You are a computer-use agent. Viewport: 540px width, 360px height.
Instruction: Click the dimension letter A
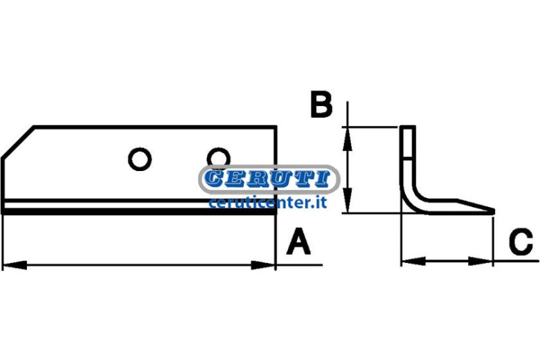pyautogui.click(x=298, y=242)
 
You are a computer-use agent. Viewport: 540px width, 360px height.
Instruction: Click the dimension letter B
pyautogui.click(x=321, y=104)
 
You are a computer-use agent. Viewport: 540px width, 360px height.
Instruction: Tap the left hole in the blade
pyautogui.click(x=140, y=159)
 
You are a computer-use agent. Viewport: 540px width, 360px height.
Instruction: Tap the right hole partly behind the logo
pyautogui.click(x=218, y=158)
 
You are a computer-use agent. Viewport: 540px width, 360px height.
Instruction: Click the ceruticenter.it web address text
pyautogui.click(x=268, y=203)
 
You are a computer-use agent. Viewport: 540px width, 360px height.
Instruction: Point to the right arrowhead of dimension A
pyautogui.click(x=264, y=265)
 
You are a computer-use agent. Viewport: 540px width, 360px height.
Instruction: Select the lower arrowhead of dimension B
pyautogui.click(x=348, y=201)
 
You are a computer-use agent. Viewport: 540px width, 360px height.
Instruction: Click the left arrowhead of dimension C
pyautogui.click(x=413, y=261)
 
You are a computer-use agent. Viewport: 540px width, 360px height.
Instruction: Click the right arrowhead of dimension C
pyautogui.click(x=480, y=261)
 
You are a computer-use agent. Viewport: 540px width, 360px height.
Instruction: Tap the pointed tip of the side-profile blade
pyautogui.click(x=494, y=211)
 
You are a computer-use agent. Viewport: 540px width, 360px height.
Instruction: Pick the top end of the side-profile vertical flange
pyautogui.click(x=408, y=127)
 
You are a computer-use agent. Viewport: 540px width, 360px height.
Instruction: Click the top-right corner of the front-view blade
pyautogui.click(x=276, y=127)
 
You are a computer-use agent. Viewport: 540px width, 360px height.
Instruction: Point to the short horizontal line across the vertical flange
pyautogui.click(x=408, y=159)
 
